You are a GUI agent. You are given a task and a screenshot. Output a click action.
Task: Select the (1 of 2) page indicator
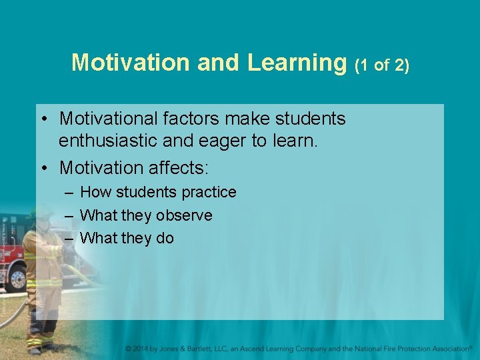click(382, 65)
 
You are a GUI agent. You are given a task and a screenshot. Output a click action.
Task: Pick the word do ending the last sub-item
click(165, 238)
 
